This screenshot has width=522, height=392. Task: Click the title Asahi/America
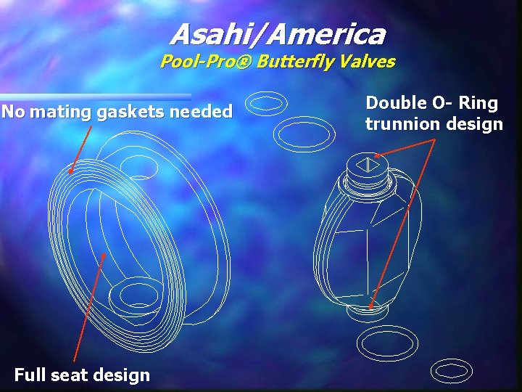[278, 34]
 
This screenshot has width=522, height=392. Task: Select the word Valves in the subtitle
[371, 62]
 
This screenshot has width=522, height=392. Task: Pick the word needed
[202, 112]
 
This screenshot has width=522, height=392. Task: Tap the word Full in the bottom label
[30, 375]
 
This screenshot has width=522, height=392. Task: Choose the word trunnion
[397, 124]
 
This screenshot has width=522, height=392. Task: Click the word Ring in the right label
[478, 103]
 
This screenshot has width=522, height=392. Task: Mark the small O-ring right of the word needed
[268, 103]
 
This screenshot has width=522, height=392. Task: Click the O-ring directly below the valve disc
[389, 340]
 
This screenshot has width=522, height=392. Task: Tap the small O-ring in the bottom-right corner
[451, 371]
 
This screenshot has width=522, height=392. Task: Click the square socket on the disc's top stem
[367, 165]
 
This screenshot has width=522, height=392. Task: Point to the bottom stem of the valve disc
[369, 309]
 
